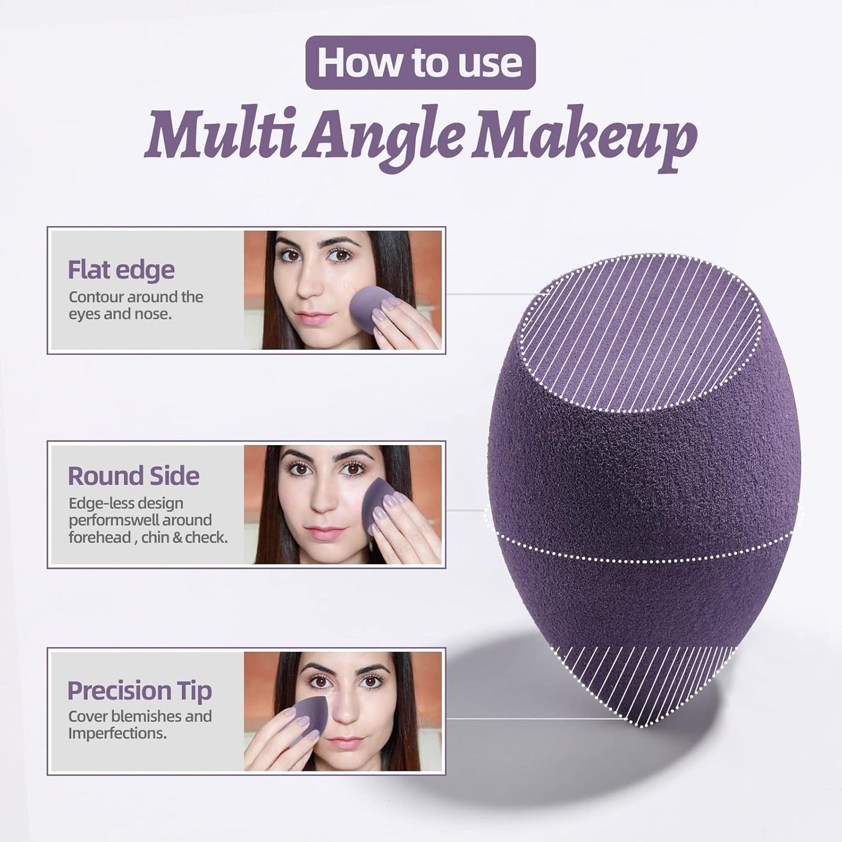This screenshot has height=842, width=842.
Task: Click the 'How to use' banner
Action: click(420, 62)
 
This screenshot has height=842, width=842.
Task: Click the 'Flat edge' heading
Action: click(121, 270)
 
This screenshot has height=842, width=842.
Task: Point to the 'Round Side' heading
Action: click(133, 476)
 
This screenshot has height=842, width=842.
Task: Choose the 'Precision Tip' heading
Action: click(139, 690)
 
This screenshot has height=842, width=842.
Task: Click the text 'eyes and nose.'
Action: click(119, 315)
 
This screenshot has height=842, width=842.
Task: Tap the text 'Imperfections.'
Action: click(117, 733)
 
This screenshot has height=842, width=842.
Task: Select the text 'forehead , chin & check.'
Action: click(148, 537)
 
